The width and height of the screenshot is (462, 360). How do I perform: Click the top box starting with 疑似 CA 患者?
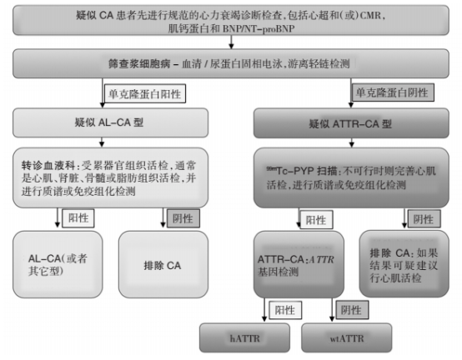[230, 23]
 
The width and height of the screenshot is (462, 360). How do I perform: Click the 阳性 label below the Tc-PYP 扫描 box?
[315, 220]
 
